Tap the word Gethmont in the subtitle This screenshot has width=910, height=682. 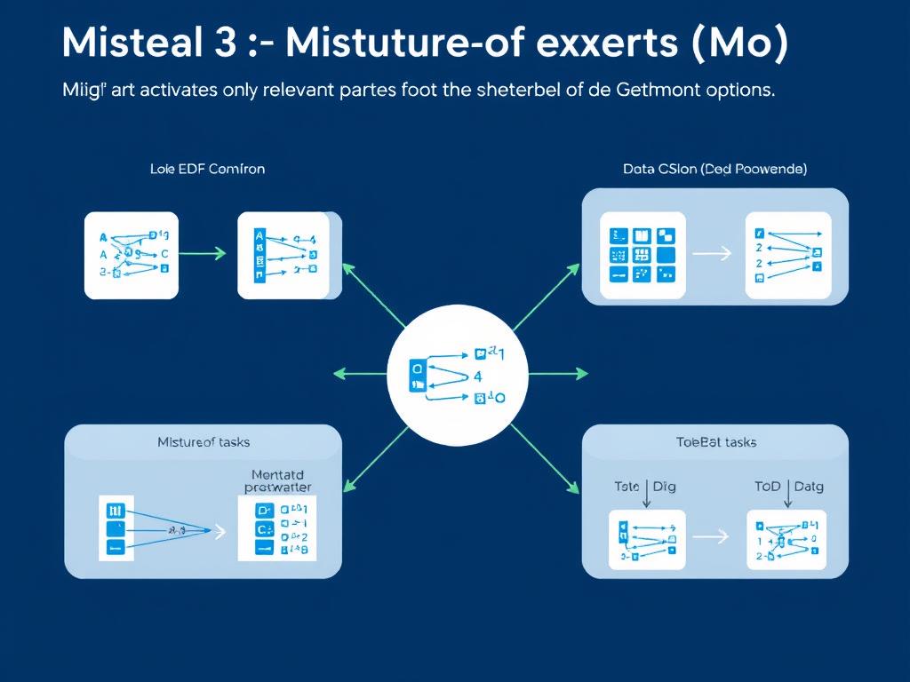(651, 91)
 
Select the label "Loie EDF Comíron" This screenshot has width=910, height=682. (208, 168)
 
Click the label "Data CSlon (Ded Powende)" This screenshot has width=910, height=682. (715, 168)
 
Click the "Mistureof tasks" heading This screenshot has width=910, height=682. (204, 441)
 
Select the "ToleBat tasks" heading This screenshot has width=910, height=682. (716, 441)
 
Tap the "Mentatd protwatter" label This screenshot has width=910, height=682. (277, 480)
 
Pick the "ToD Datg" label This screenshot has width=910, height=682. (789, 486)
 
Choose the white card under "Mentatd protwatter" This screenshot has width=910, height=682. (276, 528)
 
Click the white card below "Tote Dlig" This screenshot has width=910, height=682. (646, 538)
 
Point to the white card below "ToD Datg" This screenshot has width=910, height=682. (786, 538)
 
